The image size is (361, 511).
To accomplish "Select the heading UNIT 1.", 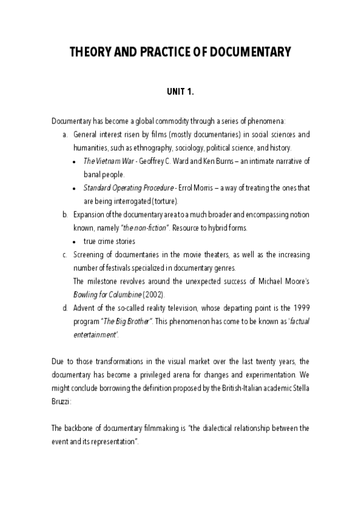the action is point(180,92).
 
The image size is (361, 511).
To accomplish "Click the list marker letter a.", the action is point(64,134).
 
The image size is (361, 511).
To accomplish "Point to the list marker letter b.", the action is point(64,214).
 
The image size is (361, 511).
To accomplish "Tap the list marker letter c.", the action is point(64,254).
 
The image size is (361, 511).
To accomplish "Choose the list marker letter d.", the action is point(64,307).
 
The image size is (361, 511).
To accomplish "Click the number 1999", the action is point(300,307).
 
